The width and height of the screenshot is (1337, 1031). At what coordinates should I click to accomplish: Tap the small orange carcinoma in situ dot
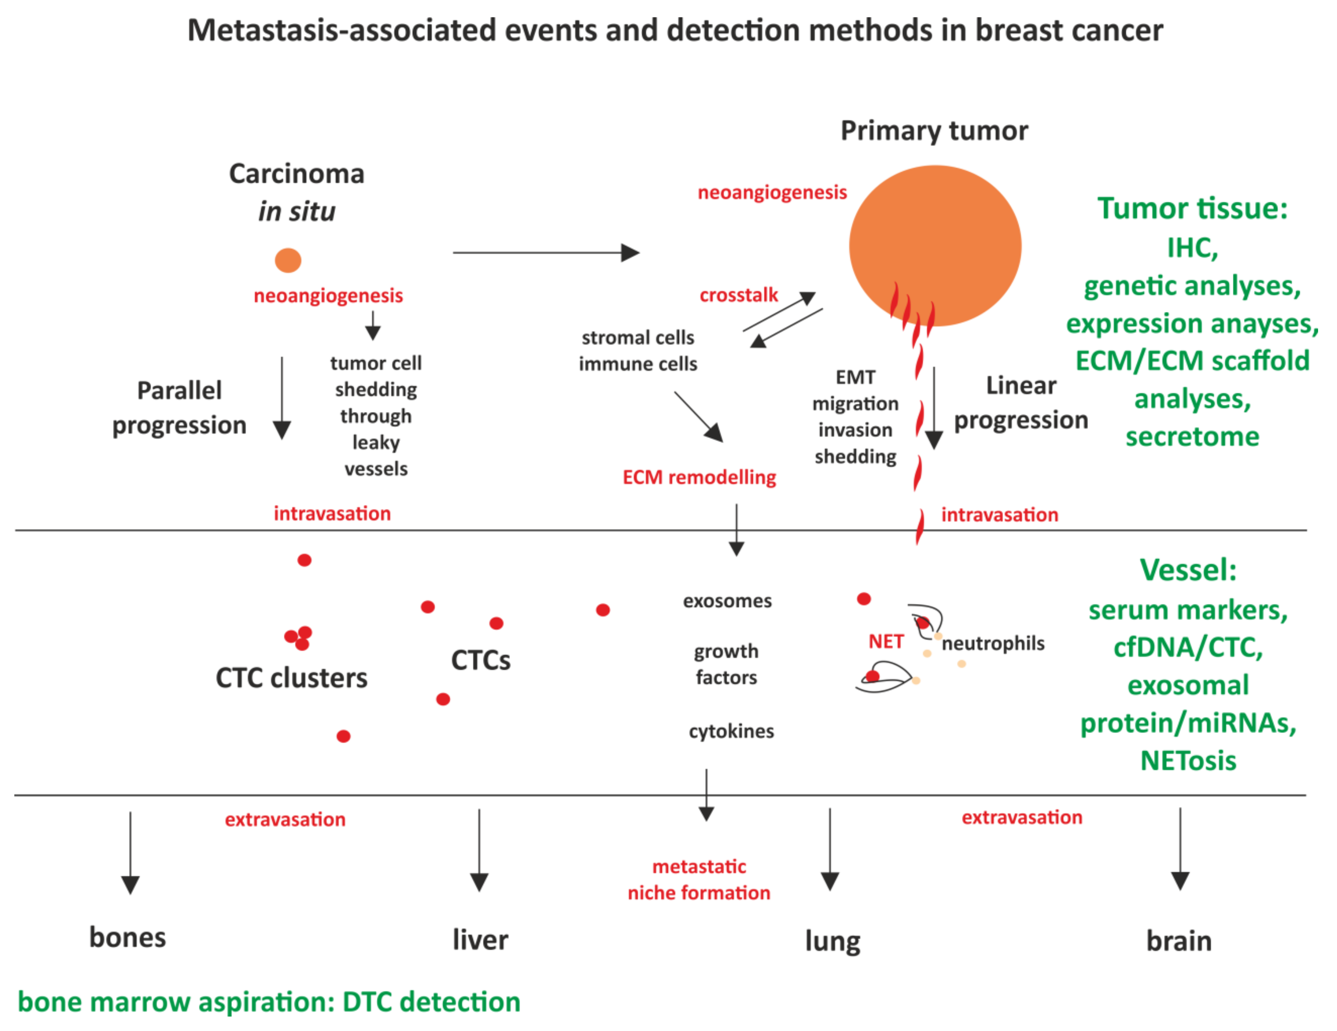point(288,260)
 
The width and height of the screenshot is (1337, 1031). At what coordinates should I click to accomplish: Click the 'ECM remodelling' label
point(699,477)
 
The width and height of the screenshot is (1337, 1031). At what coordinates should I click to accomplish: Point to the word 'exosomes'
point(727,601)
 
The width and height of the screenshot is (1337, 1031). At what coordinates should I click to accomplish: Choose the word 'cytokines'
point(731,731)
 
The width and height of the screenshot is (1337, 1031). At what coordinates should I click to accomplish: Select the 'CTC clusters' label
point(291,678)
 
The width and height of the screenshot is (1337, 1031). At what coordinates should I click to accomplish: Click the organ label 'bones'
point(127,937)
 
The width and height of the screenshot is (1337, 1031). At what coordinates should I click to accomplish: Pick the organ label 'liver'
point(480,940)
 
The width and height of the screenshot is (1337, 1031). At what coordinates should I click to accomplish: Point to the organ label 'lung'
point(833,941)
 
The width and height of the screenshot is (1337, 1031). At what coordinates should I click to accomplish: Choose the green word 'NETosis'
point(1188,761)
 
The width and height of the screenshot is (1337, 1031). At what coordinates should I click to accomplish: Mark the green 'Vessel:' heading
point(1188,570)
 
